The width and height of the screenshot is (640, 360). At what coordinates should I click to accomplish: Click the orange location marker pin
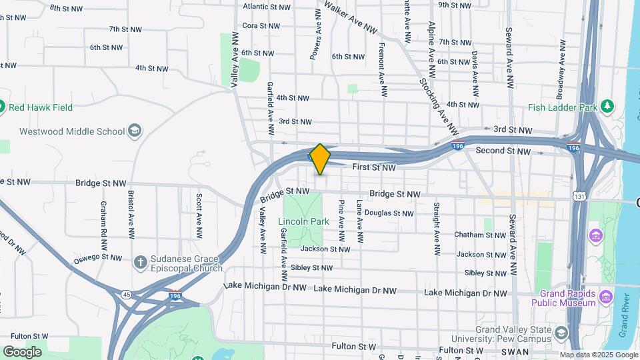[x=320, y=159]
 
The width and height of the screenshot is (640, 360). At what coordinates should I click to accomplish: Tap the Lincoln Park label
[x=303, y=221]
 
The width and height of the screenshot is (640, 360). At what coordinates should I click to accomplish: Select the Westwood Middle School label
[x=72, y=131]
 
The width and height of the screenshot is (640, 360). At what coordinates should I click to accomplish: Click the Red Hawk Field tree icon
[x=2, y=107]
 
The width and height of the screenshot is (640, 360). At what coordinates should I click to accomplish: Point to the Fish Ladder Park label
[x=561, y=107]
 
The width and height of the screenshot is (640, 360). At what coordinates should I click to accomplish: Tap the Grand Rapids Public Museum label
[x=563, y=298]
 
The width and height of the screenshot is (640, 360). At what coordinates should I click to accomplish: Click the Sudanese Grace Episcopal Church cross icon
[x=140, y=262]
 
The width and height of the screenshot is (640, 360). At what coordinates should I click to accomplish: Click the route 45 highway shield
[x=126, y=294]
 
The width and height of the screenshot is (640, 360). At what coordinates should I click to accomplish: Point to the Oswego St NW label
[x=98, y=257]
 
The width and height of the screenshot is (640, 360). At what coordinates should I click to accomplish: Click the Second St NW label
[x=503, y=151]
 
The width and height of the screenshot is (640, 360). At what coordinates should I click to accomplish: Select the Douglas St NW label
[x=389, y=213]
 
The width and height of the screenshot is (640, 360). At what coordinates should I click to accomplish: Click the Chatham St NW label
[x=480, y=235]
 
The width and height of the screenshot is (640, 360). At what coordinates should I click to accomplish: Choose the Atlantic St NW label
[x=267, y=7]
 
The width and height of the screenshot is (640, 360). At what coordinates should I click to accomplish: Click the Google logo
[x=22, y=352]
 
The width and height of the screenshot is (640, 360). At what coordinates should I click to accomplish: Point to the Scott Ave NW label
[x=199, y=216]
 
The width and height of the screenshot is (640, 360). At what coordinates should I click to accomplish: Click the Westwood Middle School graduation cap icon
[x=135, y=130]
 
